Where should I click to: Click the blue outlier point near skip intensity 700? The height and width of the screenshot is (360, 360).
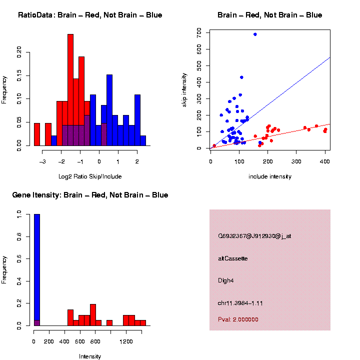pos(255,34)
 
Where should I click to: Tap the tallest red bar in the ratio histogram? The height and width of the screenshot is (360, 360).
pos(70,90)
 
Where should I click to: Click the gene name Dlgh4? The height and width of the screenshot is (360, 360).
pos(226,280)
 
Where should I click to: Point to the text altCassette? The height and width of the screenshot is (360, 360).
pos(233,258)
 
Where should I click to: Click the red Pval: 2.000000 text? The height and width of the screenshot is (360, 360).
pos(238,319)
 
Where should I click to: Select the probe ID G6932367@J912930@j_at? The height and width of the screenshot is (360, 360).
pos(254,236)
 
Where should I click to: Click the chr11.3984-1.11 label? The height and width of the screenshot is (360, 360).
pos(240,303)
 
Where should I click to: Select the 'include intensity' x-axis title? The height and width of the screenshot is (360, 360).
pos(270,176)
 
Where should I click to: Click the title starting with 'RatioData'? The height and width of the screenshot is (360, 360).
pos(90,15)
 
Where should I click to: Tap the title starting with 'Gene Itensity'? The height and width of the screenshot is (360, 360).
pos(90,195)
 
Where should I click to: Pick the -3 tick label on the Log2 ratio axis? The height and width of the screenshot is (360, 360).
pos(42,161)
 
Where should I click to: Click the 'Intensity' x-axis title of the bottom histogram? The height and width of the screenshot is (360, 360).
pos(90,356)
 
